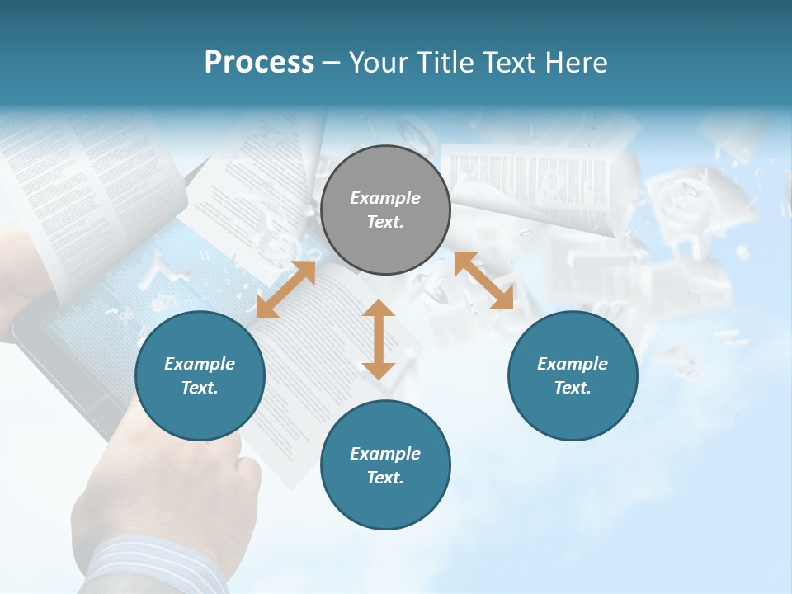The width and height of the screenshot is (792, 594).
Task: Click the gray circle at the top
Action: [x=385, y=210]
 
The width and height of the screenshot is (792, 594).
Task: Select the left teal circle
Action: [x=200, y=375]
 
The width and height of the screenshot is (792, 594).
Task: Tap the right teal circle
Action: [x=573, y=375]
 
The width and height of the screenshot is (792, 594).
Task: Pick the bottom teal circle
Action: [x=385, y=465]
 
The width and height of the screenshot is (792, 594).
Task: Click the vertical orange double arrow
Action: [x=379, y=339]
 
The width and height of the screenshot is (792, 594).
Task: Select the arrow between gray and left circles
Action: [x=285, y=290]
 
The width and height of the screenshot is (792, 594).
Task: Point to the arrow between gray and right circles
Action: [x=483, y=280]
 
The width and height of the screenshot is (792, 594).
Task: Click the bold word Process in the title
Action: [x=259, y=63]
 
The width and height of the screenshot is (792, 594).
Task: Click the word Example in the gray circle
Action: [x=385, y=198]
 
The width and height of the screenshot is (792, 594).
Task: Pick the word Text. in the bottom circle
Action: [x=385, y=478]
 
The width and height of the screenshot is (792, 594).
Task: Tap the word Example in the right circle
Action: [x=573, y=364]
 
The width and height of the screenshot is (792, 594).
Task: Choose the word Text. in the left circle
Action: [x=200, y=388]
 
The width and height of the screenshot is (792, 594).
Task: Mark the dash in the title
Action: [x=331, y=63]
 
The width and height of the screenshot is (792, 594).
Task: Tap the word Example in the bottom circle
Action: [x=385, y=454]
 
